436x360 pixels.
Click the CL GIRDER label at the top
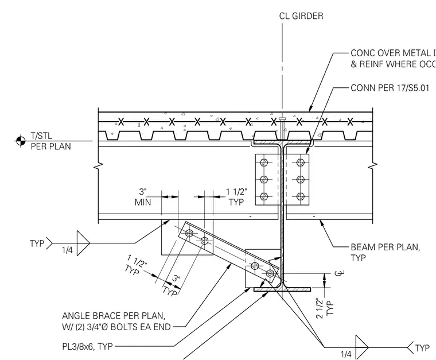pyautogui.click(x=301, y=16)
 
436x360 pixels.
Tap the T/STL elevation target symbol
pyautogui.click(x=20, y=141)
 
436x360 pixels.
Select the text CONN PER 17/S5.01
pyautogui.click(x=390, y=88)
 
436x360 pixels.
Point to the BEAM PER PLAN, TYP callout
pyautogui.click(x=386, y=252)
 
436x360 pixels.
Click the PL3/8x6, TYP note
pyautogui.click(x=87, y=346)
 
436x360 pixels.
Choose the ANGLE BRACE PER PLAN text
pyautogui.click(x=114, y=316)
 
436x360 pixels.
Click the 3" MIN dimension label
pyautogui.click(x=143, y=197)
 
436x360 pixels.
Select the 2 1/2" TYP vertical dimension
pyautogui.click(x=324, y=308)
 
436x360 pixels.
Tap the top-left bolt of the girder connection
pyautogui.click(x=264, y=162)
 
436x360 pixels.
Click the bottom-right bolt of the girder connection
pyautogui.click(x=300, y=197)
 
